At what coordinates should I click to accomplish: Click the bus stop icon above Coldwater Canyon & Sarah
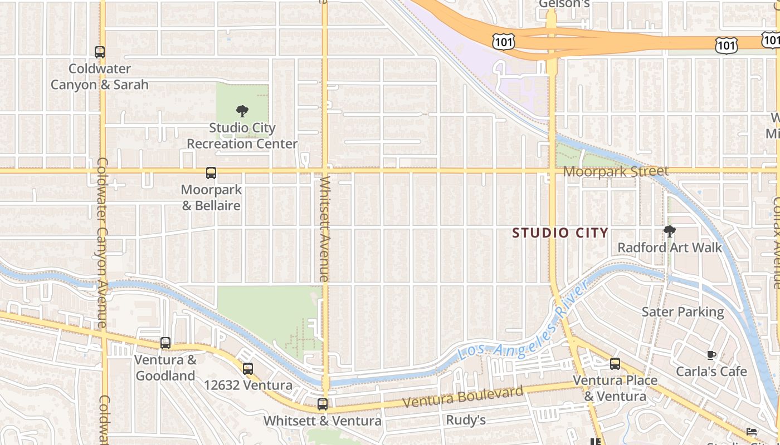[x=100, y=52]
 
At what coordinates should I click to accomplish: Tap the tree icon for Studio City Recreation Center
[x=242, y=111]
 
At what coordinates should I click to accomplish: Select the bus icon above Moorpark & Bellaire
[x=211, y=173]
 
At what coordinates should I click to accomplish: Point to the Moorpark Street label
[x=615, y=171]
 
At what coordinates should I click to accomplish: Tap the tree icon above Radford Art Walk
[x=670, y=231]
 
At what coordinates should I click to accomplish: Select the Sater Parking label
[x=682, y=312]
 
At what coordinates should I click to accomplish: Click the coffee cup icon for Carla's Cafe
[x=711, y=355]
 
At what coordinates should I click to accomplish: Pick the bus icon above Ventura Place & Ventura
[x=615, y=364]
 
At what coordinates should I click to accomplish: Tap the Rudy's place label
[x=466, y=420]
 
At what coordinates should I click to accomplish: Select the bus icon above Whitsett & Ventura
[x=323, y=404]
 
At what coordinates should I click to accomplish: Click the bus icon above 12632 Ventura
[x=248, y=368]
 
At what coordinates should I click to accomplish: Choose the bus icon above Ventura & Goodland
[x=165, y=343]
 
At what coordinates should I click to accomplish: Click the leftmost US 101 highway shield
[x=503, y=41]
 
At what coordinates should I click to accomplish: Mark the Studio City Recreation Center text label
[x=242, y=136]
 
